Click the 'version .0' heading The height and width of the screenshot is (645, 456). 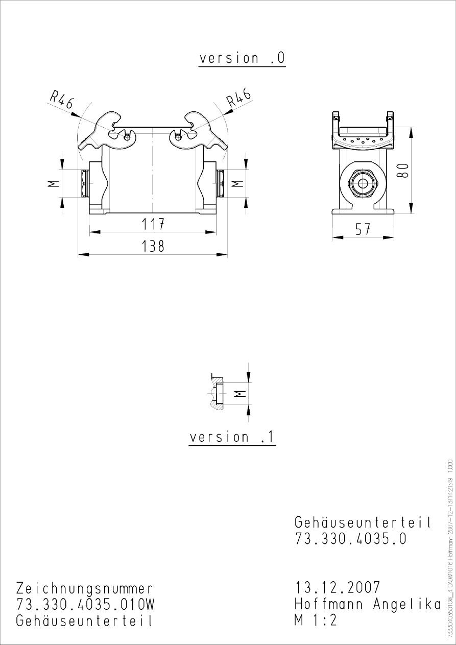(242, 58)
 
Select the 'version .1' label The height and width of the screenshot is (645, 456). (232, 438)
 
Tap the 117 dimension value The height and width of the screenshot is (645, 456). (153, 224)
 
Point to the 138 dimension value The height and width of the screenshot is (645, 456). (153, 246)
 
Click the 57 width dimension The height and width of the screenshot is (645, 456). (363, 230)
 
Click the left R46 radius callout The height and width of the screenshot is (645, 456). (62, 100)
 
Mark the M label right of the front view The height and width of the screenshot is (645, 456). (237, 183)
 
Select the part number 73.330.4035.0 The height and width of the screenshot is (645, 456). (351, 539)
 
